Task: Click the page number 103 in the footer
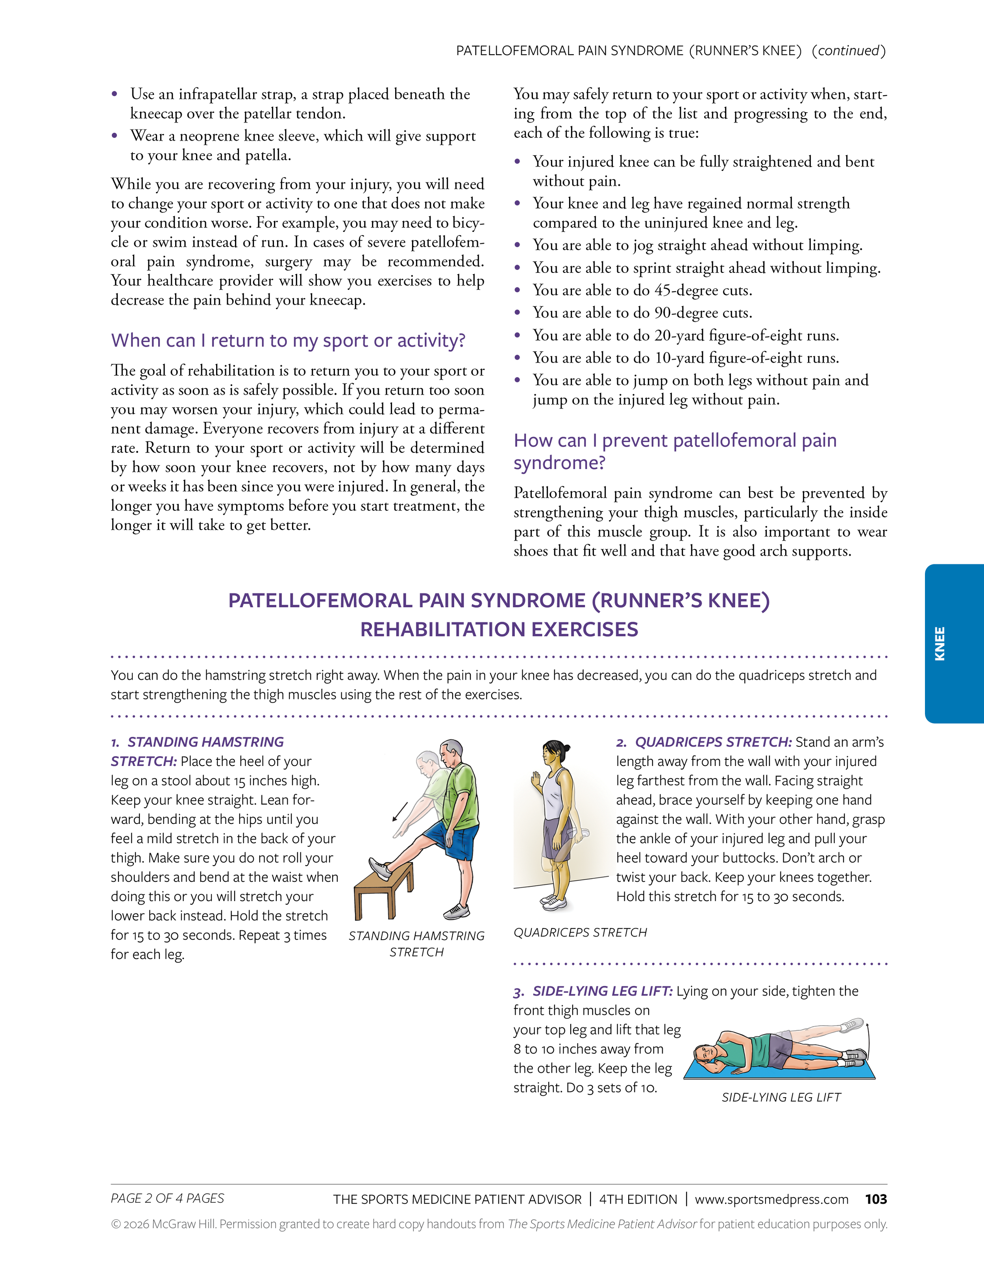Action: [x=876, y=1199]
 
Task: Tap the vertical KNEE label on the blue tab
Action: [x=940, y=643]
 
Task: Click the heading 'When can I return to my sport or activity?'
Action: [x=288, y=340]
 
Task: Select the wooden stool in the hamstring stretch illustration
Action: [x=384, y=890]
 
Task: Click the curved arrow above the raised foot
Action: [x=867, y=1041]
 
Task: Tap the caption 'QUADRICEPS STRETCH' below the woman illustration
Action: [x=580, y=933]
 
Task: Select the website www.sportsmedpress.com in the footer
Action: [x=771, y=1199]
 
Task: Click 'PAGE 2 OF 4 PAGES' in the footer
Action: [x=167, y=1198]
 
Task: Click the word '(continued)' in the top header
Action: [x=849, y=51]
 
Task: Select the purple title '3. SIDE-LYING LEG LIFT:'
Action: [x=593, y=991]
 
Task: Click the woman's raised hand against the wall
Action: [x=535, y=780]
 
